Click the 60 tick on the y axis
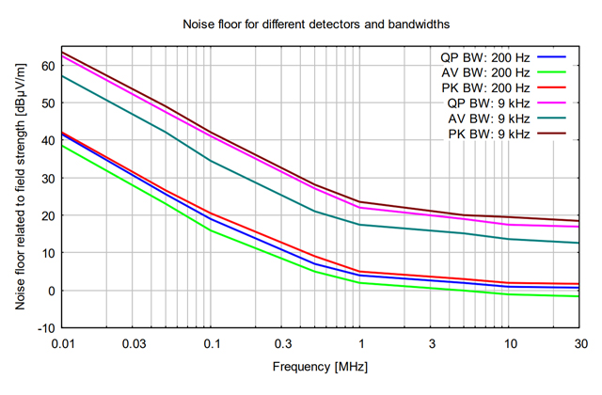[x=47, y=65]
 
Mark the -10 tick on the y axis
[x=45, y=328]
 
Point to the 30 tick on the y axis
[x=47, y=178]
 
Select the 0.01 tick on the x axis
[x=63, y=344]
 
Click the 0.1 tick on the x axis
[x=212, y=344]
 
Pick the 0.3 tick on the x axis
[x=282, y=344]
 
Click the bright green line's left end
[x=63, y=145]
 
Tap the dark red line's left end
[x=63, y=52]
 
